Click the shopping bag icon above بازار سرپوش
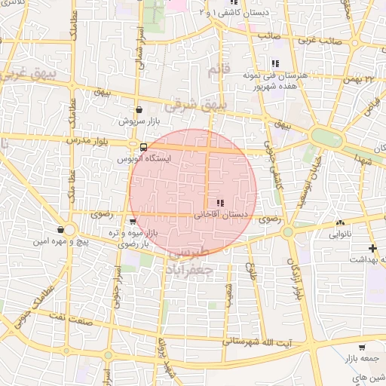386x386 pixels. pos(139,110)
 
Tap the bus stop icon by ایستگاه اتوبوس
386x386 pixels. pos(133,147)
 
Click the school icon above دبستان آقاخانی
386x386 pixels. pos(219,203)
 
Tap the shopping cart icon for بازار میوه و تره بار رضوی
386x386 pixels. pos(133,222)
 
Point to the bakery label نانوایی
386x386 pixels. pos(338,234)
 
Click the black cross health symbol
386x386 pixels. pos(371,248)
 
